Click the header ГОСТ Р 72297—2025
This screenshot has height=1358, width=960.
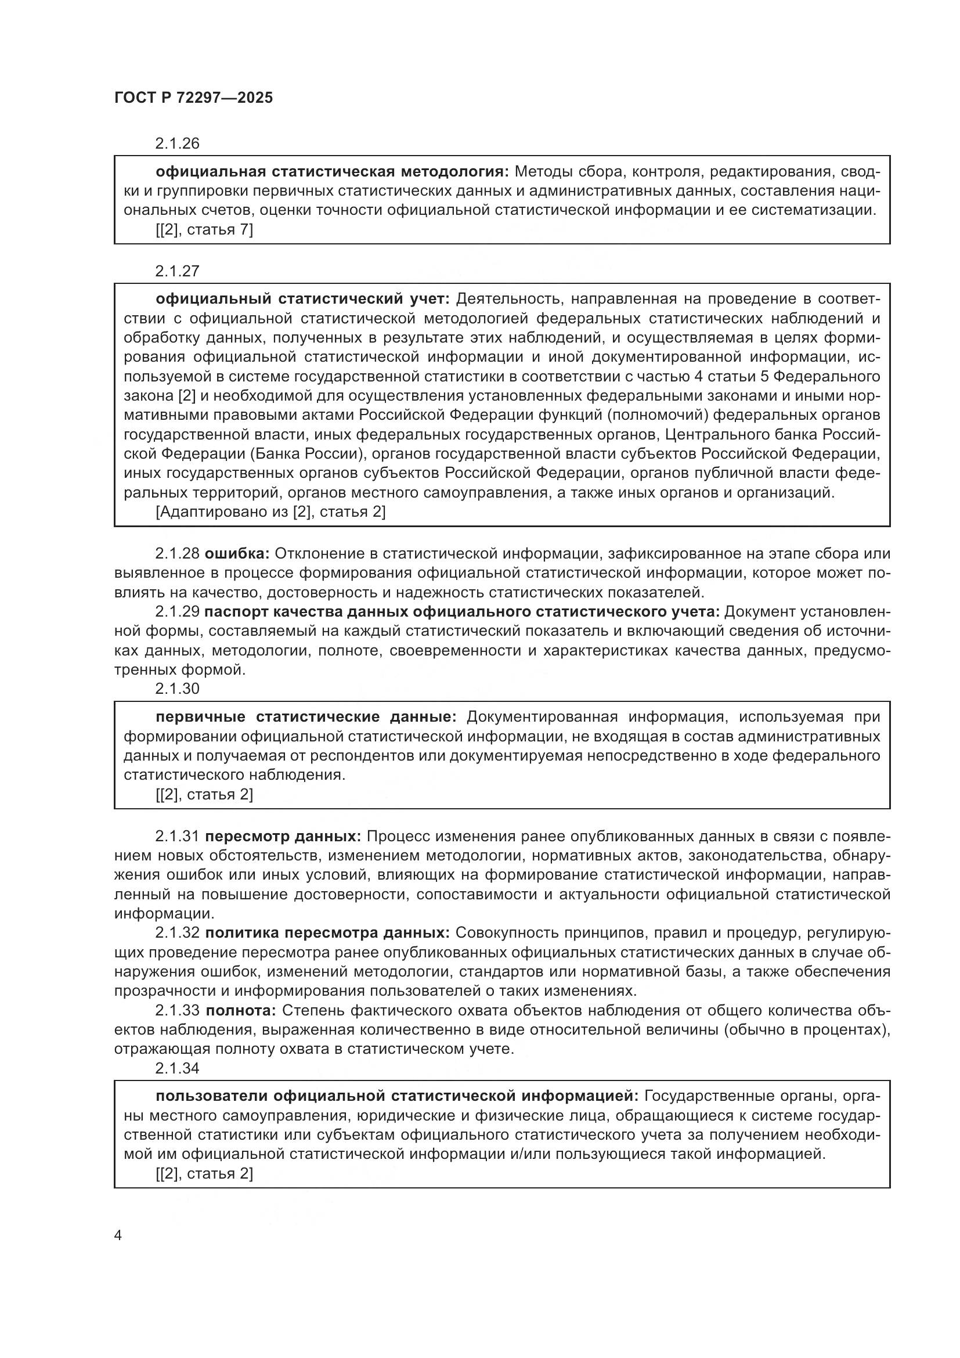[x=193, y=98]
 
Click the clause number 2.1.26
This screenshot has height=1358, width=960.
[x=178, y=144]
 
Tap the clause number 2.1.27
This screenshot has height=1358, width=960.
[x=178, y=272]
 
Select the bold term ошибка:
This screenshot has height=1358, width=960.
[x=237, y=554]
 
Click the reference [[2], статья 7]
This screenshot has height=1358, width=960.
[x=204, y=229]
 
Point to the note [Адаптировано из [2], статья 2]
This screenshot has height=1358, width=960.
[x=270, y=511]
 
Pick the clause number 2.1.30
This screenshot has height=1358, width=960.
[x=178, y=689]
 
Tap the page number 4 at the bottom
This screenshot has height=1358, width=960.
[x=118, y=1235]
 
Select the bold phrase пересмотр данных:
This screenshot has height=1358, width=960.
[x=283, y=836]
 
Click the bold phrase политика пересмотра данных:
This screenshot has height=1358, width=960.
[x=327, y=933]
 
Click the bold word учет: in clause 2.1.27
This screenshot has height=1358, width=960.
[x=430, y=299]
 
